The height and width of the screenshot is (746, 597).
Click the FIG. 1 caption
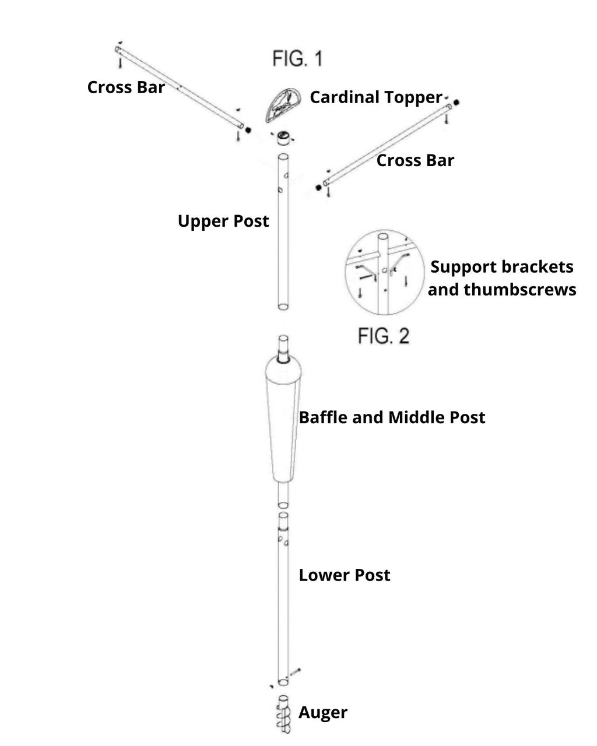pos(297,58)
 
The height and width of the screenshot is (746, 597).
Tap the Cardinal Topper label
pos(375,97)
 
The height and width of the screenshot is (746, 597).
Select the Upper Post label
pos(223,221)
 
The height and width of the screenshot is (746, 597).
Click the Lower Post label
pos(344,575)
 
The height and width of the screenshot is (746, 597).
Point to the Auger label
pos(323,712)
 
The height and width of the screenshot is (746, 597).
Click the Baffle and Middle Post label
pos(392,417)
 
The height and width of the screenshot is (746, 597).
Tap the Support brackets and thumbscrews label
pos(501,278)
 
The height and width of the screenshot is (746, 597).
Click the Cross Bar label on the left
pos(126,87)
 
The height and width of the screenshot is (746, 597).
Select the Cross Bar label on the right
pos(415,160)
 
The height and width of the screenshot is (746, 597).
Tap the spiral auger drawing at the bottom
pos(283,714)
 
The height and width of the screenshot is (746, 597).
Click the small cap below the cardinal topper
pos(283,139)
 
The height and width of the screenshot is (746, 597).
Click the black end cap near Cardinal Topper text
pos(456,101)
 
